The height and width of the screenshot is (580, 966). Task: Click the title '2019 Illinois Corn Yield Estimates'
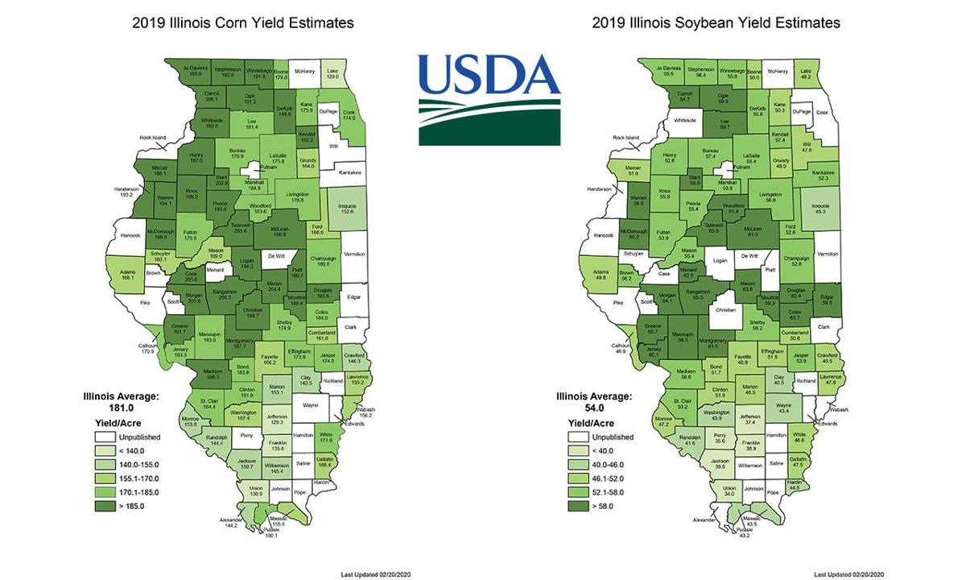(x=242, y=23)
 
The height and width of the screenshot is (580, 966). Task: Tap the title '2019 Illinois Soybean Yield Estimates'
(x=716, y=23)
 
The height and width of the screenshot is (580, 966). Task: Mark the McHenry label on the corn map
(x=304, y=71)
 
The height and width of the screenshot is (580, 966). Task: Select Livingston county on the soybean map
(x=770, y=195)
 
